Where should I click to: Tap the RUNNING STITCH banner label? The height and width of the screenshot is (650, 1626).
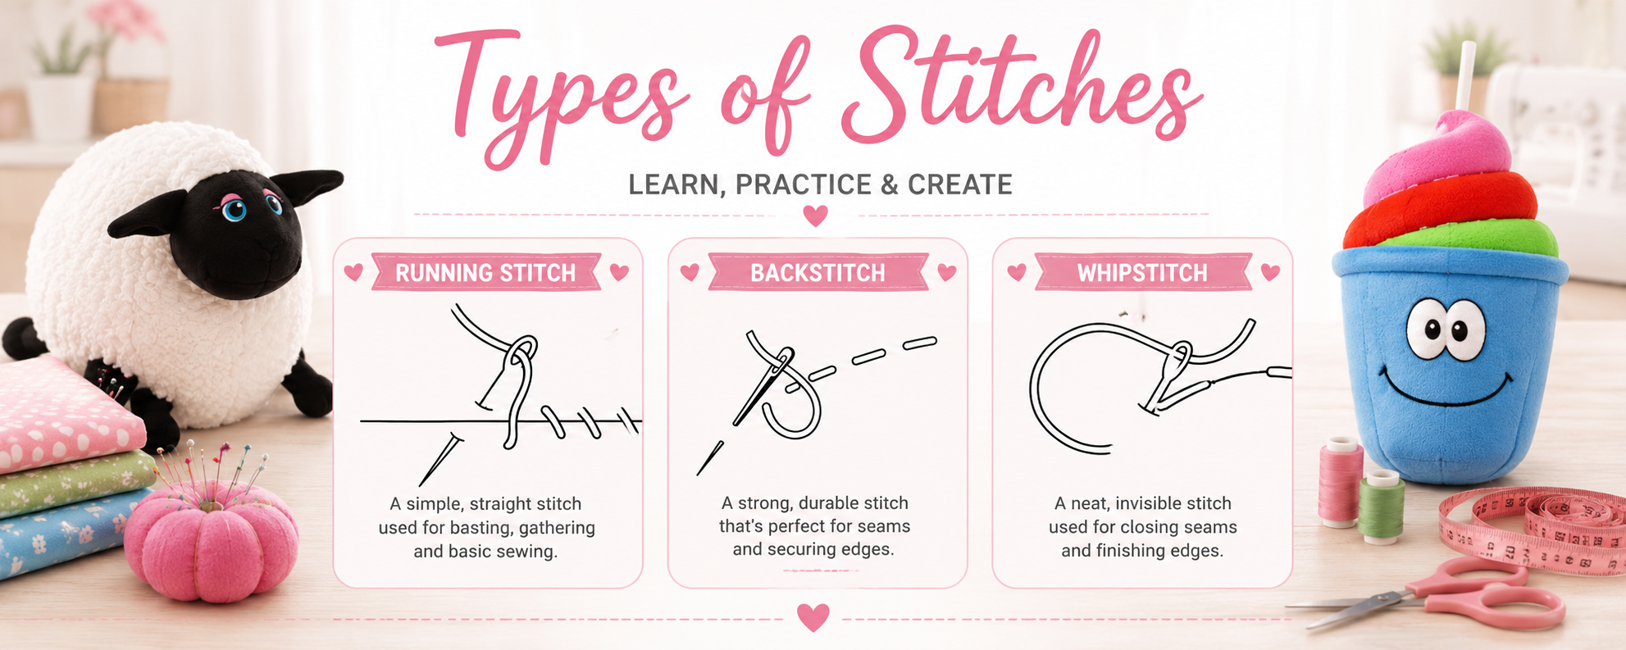tap(485, 273)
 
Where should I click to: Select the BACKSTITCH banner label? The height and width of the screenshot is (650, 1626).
tap(818, 273)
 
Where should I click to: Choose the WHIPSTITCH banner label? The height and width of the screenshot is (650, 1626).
tap(1142, 273)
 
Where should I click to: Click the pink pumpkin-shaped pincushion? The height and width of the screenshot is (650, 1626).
tap(211, 537)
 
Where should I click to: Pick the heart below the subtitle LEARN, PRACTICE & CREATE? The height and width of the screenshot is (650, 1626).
tap(815, 216)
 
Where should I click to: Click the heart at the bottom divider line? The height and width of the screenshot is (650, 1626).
tap(813, 617)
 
